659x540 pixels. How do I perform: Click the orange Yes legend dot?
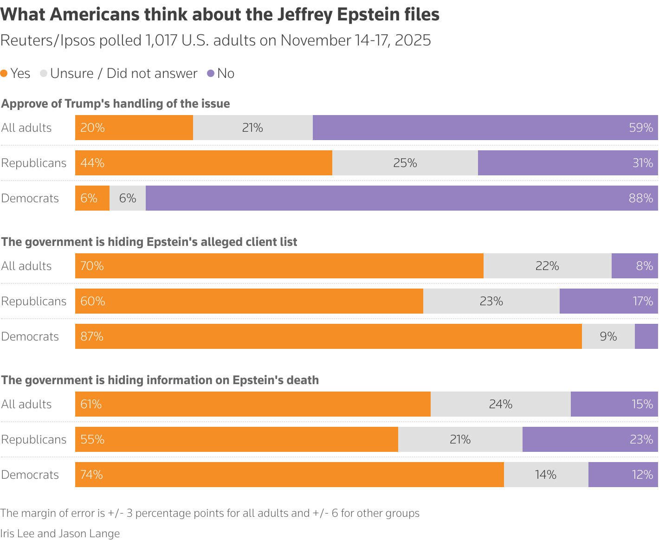4,73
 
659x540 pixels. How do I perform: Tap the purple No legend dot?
211,73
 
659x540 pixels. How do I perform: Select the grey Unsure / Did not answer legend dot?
44,73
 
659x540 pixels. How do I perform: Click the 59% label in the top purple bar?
641,128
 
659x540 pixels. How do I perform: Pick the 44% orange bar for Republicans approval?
203,163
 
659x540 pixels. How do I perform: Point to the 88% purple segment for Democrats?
401,198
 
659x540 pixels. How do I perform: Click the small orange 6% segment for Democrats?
92,198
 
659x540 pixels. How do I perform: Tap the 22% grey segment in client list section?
547,266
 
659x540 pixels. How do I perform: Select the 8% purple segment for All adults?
634,266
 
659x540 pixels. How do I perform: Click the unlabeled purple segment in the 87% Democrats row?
646,336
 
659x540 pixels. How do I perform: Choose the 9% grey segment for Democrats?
608,336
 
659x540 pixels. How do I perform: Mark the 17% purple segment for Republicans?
608,301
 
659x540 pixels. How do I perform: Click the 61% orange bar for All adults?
252,404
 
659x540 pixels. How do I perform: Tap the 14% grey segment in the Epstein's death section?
546,475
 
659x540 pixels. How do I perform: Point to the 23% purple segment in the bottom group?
590,439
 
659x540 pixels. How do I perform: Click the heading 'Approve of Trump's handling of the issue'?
116,103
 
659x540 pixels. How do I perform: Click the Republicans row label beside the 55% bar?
34,439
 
